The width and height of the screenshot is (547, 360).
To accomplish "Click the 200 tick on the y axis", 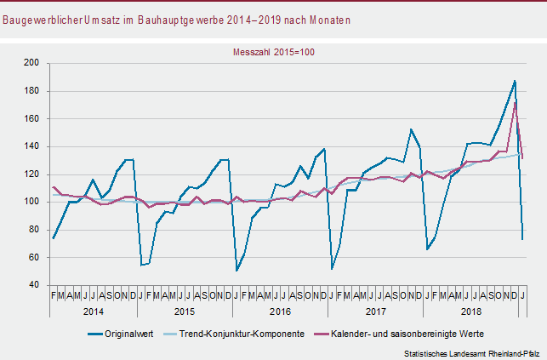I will click(x=31, y=63).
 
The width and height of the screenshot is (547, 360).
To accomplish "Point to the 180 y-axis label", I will click(x=31, y=91).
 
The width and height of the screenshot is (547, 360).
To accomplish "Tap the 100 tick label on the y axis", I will click(x=31, y=202).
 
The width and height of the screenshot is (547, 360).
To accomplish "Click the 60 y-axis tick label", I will click(x=34, y=257).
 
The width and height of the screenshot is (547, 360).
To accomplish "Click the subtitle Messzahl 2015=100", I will click(x=274, y=51).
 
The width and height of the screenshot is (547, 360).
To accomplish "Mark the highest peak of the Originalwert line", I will click(x=515, y=81).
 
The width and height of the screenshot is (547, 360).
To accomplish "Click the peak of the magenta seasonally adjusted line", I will click(x=516, y=102).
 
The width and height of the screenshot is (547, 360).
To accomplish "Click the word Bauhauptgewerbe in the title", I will click(x=196, y=19).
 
